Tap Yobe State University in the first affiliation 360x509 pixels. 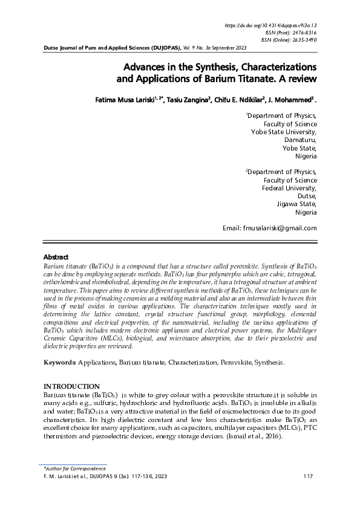(x=284, y=131)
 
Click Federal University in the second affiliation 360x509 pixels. (x=289, y=187)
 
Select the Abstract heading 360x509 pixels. (x=56, y=257)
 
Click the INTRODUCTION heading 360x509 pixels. (x=71, y=386)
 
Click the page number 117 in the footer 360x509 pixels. (x=307, y=477)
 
